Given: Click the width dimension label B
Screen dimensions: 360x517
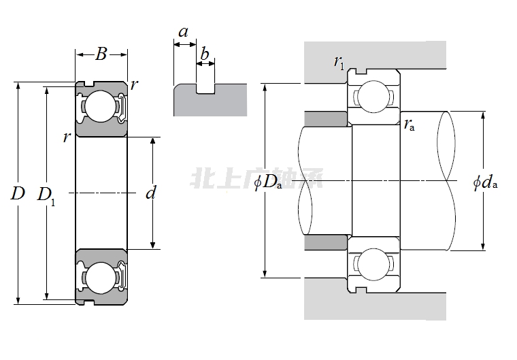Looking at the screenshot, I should click(x=101, y=54).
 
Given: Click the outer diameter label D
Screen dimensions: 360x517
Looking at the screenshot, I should click(x=18, y=193).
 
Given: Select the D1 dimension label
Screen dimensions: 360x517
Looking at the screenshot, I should click(x=46, y=195).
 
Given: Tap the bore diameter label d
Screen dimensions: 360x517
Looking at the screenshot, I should click(x=151, y=193).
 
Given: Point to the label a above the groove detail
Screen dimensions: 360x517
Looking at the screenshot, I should click(x=183, y=31).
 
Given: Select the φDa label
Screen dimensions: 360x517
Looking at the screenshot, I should click(x=268, y=182).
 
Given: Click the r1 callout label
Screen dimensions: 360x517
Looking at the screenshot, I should click(x=339, y=63).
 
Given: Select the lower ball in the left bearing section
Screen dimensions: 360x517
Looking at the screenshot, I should click(x=101, y=278).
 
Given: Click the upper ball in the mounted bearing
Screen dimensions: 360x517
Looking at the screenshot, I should click(x=373, y=97).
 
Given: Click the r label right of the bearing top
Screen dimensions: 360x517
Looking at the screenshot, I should click(x=135, y=84).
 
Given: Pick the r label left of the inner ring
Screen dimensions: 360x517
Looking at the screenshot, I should click(x=66, y=137).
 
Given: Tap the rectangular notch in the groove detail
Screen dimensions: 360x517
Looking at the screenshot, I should click(x=205, y=88).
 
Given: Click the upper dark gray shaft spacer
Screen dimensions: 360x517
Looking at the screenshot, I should click(x=325, y=119).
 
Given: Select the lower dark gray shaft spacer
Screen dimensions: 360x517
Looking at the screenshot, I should click(x=325, y=242).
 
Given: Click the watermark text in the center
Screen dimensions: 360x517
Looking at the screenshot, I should click(x=258, y=180).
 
